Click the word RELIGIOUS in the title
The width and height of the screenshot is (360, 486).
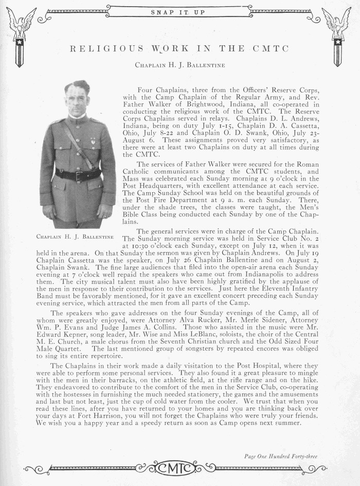coord(99,49)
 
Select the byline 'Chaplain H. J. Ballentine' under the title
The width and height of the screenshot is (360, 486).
coord(179,65)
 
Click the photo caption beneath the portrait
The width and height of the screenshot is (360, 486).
coord(75,237)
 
